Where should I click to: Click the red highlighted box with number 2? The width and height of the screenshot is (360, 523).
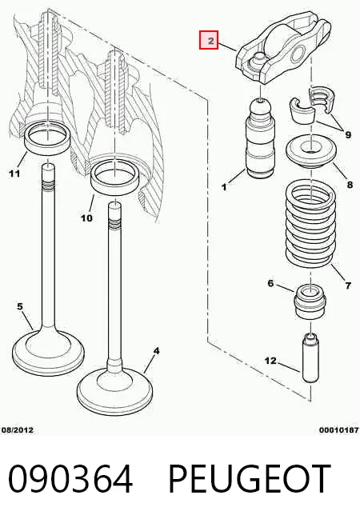[x=209, y=40]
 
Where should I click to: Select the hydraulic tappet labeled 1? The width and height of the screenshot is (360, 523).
[x=261, y=138]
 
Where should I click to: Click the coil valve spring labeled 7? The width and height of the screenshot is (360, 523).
[x=310, y=223]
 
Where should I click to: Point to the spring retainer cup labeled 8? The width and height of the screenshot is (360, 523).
[x=310, y=151]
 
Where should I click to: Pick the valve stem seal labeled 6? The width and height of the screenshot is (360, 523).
[x=310, y=301]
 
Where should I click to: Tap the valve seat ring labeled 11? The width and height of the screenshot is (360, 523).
[x=48, y=137]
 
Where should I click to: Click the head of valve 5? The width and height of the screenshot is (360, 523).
[x=48, y=353]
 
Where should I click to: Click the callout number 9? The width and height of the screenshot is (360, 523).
[x=348, y=135]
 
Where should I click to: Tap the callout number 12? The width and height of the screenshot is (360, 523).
[x=270, y=361]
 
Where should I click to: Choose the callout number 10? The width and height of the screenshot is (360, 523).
[x=86, y=218]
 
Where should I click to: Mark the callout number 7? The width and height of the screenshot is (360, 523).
[x=348, y=285]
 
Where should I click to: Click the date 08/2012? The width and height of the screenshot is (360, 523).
[x=18, y=430]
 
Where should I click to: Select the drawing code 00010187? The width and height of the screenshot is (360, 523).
[x=339, y=430]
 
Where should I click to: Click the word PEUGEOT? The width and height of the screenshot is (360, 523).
[x=250, y=479]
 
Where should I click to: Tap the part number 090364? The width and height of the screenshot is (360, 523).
[x=70, y=479]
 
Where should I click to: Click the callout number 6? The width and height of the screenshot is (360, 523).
[x=270, y=283]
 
